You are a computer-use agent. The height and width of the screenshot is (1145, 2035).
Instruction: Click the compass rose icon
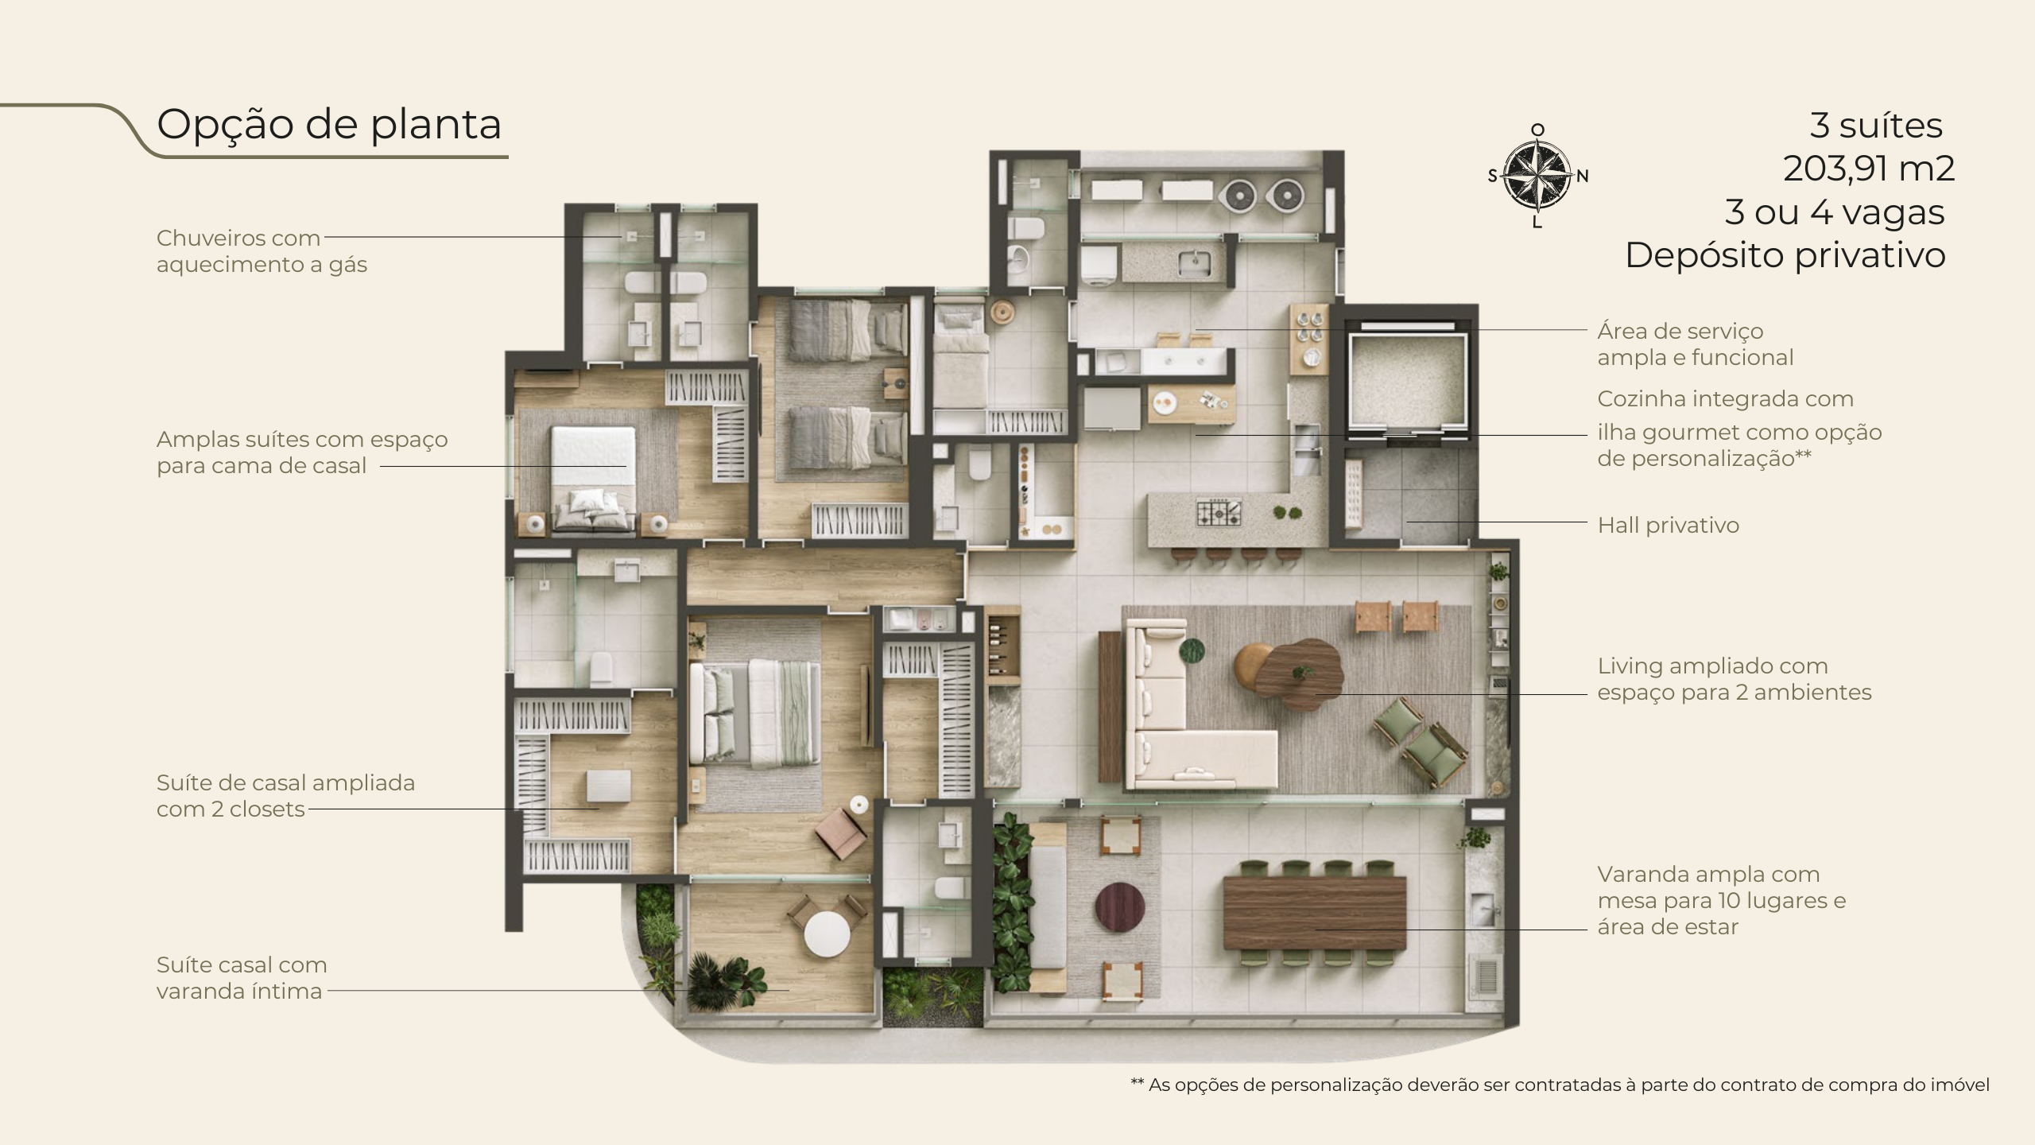tap(1537, 176)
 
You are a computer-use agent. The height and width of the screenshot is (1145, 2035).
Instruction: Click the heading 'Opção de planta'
tap(329, 124)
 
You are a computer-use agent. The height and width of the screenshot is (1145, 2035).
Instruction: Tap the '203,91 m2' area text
tap(1868, 169)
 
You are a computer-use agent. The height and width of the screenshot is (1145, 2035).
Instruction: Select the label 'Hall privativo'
tap(1668, 525)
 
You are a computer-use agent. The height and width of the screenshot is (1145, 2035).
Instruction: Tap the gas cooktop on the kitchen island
tap(1219, 512)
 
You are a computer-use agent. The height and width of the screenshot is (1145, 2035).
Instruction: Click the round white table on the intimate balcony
tap(827, 933)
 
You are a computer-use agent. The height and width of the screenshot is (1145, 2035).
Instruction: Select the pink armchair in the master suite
tap(841, 833)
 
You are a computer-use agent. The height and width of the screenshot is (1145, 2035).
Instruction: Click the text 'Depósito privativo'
tap(1785, 255)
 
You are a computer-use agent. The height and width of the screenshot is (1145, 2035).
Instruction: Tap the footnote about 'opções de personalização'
tap(1560, 1085)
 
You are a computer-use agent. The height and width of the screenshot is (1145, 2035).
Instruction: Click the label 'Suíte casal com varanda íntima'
tap(242, 978)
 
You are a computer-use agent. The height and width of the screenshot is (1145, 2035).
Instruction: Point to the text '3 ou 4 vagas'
tap(1835, 212)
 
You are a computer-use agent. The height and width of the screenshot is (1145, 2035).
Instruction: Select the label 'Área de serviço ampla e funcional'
tap(1696, 344)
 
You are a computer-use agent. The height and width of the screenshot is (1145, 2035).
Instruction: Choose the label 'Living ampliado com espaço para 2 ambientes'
tap(1735, 679)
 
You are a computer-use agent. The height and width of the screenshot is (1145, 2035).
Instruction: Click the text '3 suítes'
tap(1876, 126)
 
